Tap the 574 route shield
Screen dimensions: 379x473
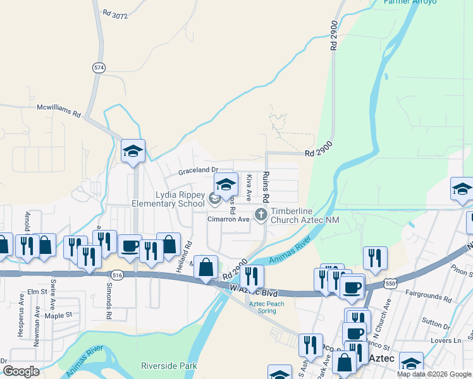98,68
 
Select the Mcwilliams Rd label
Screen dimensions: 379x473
59,111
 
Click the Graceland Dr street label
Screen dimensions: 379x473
197,170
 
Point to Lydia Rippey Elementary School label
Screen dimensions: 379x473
168,199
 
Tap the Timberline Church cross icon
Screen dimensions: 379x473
261,215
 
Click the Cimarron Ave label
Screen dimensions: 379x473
229,219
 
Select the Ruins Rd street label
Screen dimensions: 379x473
266,186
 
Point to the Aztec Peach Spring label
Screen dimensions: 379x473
266,308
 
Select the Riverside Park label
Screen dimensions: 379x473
169,366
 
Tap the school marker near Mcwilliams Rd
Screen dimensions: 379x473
133,152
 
